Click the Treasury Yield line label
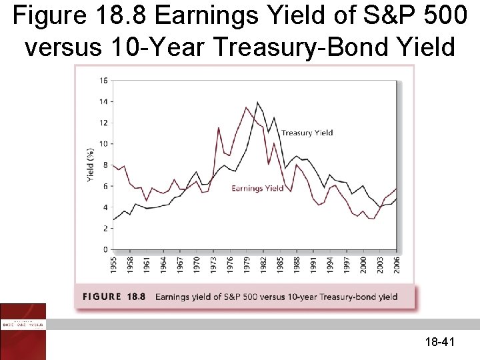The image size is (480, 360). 307,133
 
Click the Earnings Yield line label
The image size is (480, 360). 257,189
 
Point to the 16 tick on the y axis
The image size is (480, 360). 103,81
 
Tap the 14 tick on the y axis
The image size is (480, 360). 103,102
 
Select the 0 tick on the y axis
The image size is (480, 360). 105,249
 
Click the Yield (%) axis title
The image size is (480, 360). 91,165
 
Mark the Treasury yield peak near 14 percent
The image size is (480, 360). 257,102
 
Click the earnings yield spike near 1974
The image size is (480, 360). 218,127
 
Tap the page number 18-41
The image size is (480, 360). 439,343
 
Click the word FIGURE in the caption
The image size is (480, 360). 103,297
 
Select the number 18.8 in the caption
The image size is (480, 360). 135,297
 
